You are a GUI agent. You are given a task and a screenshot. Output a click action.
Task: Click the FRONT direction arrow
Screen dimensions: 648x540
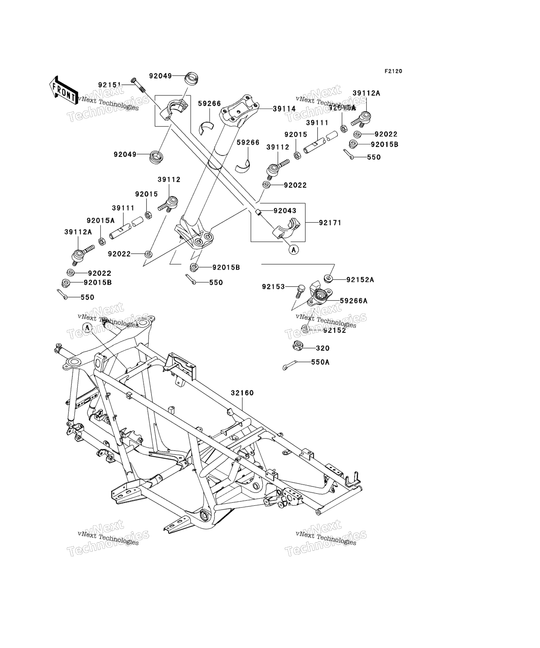[64, 89]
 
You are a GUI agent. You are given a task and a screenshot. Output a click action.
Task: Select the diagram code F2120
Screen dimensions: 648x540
[393, 71]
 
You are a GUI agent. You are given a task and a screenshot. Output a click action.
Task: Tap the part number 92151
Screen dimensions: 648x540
[110, 84]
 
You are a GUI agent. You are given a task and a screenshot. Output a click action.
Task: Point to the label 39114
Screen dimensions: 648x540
[284, 108]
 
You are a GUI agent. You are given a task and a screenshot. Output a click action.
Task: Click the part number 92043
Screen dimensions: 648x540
[285, 211]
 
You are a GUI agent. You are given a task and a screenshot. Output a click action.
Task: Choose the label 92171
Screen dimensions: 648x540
[330, 222]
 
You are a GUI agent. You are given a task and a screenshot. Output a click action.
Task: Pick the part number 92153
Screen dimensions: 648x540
[273, 287]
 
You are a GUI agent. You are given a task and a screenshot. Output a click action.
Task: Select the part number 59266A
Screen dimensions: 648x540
[354, 301]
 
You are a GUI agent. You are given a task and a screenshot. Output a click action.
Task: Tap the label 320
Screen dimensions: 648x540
[323, 348]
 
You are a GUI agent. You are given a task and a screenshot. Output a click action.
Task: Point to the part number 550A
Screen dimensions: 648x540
[320, 362]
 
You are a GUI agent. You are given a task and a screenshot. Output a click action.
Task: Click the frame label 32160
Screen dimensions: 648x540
[242, 393]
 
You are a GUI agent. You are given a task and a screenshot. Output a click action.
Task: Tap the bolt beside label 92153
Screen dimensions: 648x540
[300, 289]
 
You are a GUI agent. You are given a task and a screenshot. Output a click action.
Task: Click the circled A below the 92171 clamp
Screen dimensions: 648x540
[294, 249]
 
